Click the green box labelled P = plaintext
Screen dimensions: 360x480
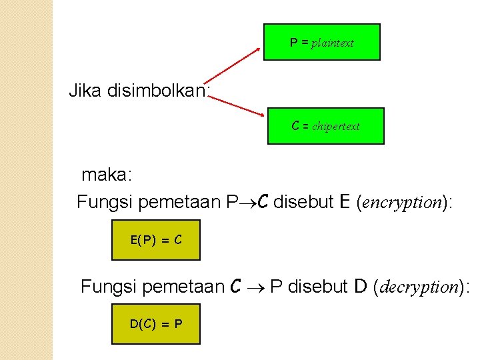coord(321,42)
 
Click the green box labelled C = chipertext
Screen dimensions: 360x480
coord(325,126)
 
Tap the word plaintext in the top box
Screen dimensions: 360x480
coord(332,43)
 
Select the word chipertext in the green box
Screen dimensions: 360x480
coord(335,127)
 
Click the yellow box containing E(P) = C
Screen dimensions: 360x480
coord(155,240)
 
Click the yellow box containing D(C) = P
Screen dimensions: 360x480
coord(155,324)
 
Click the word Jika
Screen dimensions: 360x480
coord(85,91)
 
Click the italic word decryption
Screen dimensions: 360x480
coord(421,287)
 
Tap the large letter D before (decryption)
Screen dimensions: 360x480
coord(361,287)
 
